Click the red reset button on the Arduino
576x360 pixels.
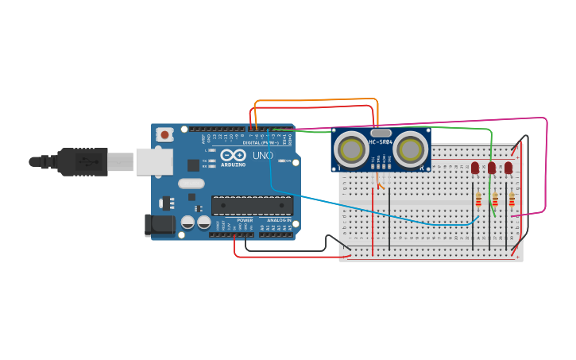tap(164, 135)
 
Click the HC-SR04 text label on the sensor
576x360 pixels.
tap(381, 142)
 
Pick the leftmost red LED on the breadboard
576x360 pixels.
tap(475, 168)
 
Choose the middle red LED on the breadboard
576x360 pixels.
tap(492, 168)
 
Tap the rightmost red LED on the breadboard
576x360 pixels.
tap(508, 168)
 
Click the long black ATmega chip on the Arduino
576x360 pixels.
tap(252, 205)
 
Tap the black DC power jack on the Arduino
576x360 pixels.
tap(159, 225)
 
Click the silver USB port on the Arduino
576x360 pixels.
tap(154, 161)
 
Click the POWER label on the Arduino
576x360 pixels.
tap(245, 220)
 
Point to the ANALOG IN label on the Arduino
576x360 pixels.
tap(278, 220)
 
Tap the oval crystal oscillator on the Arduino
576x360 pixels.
tap(191, 184)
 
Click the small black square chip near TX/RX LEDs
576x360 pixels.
tap(193, 165)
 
